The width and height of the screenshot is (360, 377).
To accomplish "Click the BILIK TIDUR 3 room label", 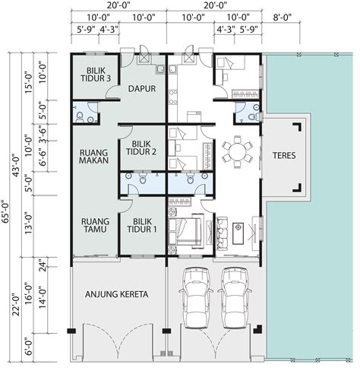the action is click(x=96, y=74).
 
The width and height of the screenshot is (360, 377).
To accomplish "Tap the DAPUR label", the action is click(x=142, y=89).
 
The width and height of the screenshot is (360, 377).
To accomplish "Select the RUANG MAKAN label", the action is click(x=93, y=157).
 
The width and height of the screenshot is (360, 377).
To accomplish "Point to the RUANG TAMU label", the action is click(x=95, y=225).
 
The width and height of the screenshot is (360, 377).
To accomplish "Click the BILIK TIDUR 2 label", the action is click(x=141, y=148).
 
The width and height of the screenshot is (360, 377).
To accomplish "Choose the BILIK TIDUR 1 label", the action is click(x=142, y=225).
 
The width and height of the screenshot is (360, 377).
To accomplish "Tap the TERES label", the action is click(x=284, y=155).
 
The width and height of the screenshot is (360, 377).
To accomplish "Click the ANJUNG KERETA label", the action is click(x=116, y=294).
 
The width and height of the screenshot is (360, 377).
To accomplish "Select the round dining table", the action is click(x=237, y=152).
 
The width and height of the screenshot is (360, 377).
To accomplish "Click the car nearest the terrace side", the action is click(x=235, y=297).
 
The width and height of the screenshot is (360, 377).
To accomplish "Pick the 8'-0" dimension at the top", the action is click(x=283, y=17).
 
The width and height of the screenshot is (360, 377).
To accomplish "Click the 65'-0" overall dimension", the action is click(x=5, y=212).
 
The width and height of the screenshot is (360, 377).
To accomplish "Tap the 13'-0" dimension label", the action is click(x=28, y=224).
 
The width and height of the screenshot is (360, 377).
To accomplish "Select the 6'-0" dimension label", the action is click(x=29, y=347).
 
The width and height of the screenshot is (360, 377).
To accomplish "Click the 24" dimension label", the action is click(x=43, y=265).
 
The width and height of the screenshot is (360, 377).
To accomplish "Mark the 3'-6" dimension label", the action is click(x=43, y=133).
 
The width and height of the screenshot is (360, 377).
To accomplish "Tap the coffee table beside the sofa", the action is click(x=238, y=233).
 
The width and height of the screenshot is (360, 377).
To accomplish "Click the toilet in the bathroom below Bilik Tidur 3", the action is click(x=80, y=117).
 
